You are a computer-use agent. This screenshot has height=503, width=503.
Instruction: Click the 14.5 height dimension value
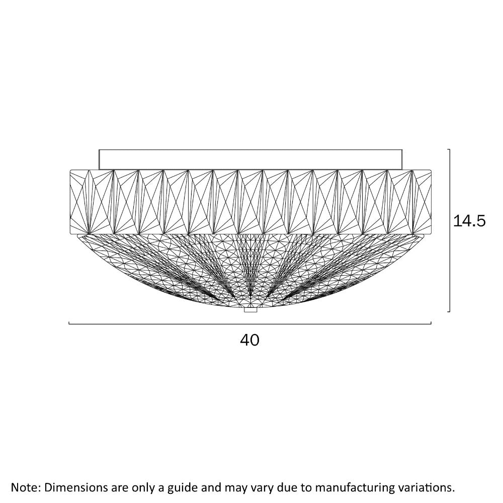pos(469,221)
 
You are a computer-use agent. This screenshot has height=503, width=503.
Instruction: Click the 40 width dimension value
pos(249,340)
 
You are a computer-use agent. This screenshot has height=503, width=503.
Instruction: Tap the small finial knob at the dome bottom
pos(250,310)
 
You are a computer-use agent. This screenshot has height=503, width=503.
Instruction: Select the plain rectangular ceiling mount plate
pos(250,159)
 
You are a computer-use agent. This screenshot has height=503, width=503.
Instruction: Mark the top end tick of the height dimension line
pos(449,149)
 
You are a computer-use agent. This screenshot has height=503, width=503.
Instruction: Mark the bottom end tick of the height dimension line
pos(449,311)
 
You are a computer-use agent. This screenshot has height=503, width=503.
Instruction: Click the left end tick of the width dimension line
pos(69,323)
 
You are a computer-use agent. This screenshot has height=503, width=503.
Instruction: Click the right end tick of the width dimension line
pos(431,323)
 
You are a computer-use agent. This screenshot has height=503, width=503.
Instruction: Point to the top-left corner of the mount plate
pos(99,149)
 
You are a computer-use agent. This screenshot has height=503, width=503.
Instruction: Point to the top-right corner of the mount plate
pos(402,149)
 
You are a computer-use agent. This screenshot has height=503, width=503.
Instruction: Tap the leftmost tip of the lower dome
pos(77,235)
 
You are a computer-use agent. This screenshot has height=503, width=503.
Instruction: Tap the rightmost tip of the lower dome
pos(424,235)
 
